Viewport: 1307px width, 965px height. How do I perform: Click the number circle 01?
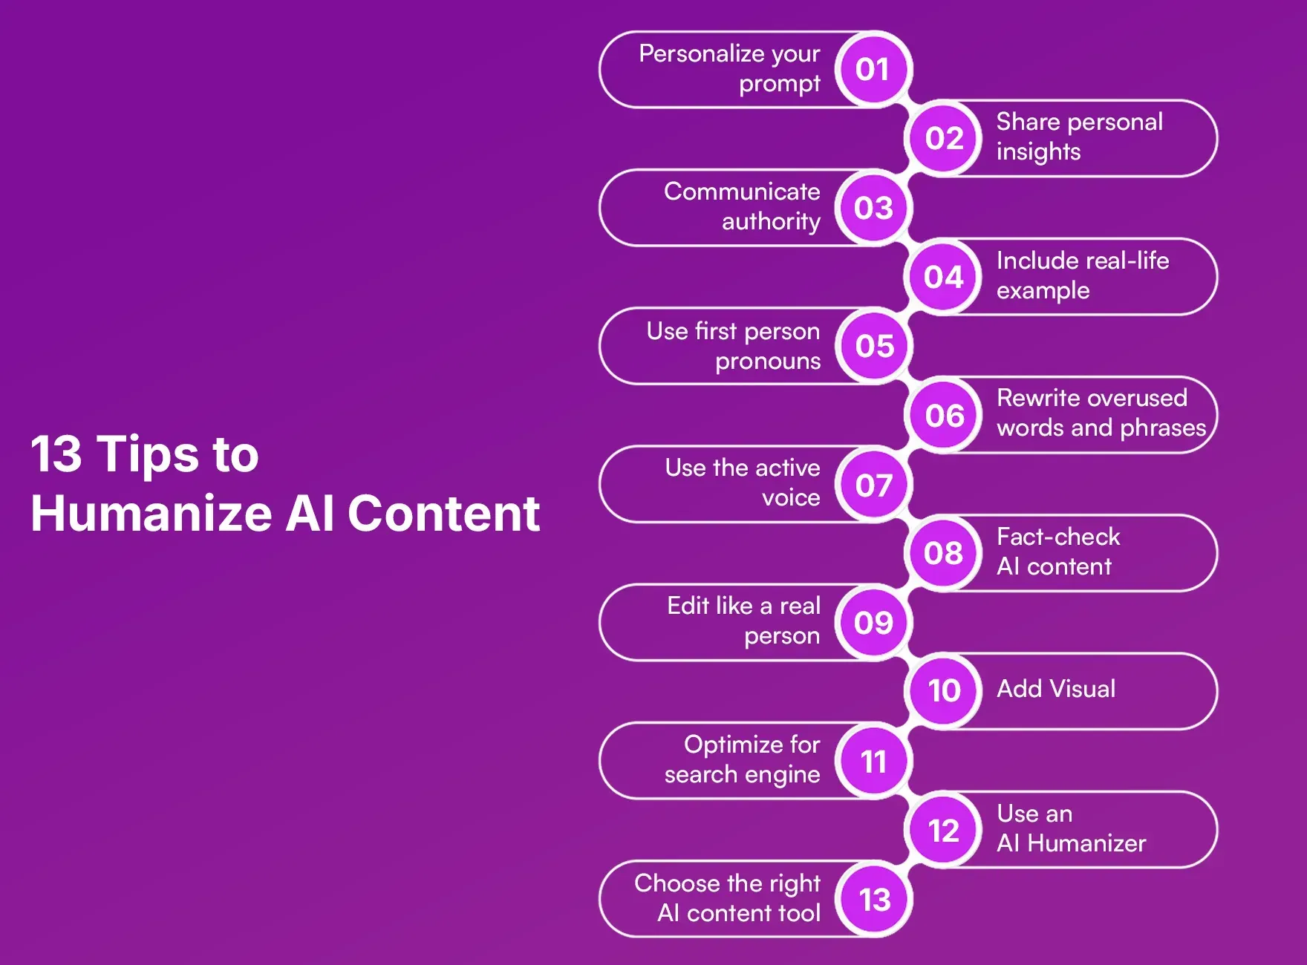(873, 70)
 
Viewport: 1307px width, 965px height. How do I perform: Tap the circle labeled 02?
(944, 139)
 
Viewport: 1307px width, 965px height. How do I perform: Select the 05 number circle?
(873, 346)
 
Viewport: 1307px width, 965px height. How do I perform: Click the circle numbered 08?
(944, 553)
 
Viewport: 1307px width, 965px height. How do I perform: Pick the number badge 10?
(944, 691)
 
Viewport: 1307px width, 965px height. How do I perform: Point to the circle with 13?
(873, 900)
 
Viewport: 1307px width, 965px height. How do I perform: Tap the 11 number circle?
(873, 762)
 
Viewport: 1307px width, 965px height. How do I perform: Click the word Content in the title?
(443, 514)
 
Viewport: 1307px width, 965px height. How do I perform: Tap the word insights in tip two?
(1038, 152)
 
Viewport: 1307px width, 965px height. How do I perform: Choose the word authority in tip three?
(771, 221)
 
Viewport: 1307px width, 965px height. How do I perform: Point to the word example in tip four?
(1043, 291)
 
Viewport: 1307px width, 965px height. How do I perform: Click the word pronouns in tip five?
(767, 362)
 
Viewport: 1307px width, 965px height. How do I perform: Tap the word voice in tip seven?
(791, 497)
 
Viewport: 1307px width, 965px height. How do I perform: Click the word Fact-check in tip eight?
(1057, 537)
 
